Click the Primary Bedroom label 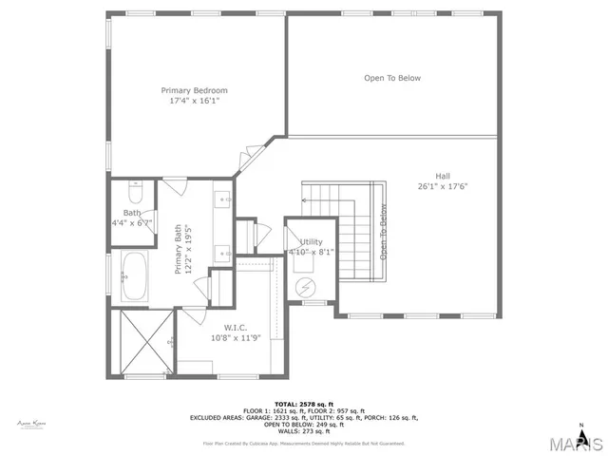[198, 90]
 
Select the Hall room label [443, 176]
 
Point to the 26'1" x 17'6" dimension [443, 186]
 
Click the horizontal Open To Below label [392, 78]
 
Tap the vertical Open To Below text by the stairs [384, 233]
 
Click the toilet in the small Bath [134, 186]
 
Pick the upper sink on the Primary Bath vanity [224, 199]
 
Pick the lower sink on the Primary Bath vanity [224, 253]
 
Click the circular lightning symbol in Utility [306, 288]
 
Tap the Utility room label [312, 242]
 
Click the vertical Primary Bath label [182, 251]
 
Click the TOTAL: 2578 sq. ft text [304, 403]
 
